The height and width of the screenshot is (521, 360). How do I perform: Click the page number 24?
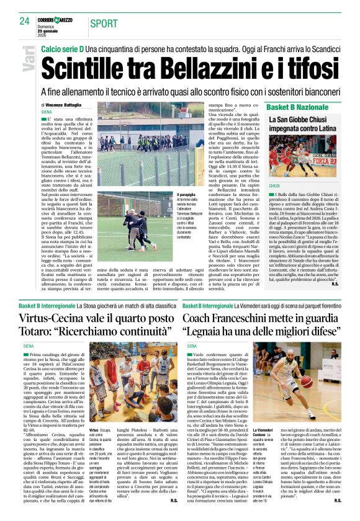(x=24, y=20)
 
